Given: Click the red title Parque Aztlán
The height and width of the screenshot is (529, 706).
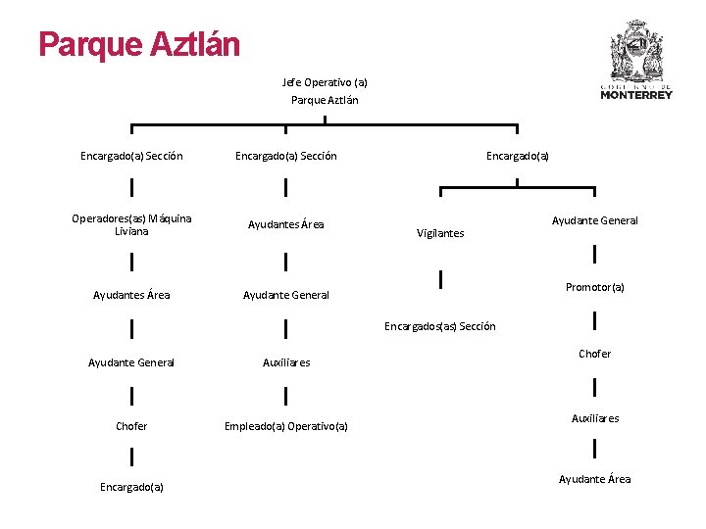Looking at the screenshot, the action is (138, 44).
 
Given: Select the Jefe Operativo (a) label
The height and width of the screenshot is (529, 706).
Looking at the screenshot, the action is (325, 82).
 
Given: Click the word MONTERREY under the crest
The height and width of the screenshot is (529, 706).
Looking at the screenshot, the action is (636, 95).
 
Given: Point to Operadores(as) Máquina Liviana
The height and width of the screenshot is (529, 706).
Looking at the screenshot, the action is (131, 224).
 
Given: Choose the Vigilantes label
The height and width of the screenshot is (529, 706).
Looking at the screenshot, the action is (440, 233).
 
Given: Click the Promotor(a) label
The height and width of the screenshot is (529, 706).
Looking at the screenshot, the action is (594, 287).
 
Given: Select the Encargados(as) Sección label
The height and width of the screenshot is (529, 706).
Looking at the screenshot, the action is (440, 326).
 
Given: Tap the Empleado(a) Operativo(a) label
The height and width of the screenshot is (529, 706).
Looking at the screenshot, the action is (285, 426).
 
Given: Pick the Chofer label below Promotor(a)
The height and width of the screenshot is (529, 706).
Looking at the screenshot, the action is (594, 354).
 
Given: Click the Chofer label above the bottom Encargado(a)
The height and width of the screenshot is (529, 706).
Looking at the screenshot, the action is (131, 426).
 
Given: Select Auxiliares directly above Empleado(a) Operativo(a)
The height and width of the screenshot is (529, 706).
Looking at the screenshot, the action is (285, 362).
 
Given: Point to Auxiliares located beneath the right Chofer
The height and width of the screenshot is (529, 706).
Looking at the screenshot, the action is (594, 418).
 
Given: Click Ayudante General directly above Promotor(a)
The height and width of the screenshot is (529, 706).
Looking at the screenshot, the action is (594, 220).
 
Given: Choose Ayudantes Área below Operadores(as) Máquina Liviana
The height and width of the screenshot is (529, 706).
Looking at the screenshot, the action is (131, 295).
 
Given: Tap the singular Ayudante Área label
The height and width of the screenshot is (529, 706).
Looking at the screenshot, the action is (594, 479).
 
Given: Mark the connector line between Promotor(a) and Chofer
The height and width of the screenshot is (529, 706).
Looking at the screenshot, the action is (595, 320).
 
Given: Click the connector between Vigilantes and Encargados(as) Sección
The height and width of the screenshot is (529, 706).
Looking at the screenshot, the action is (441, 280).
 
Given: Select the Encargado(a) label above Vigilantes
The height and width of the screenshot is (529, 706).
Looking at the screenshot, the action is (518, 156).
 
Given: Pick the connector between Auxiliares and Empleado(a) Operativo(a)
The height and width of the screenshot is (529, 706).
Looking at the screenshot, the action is (285, 395).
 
